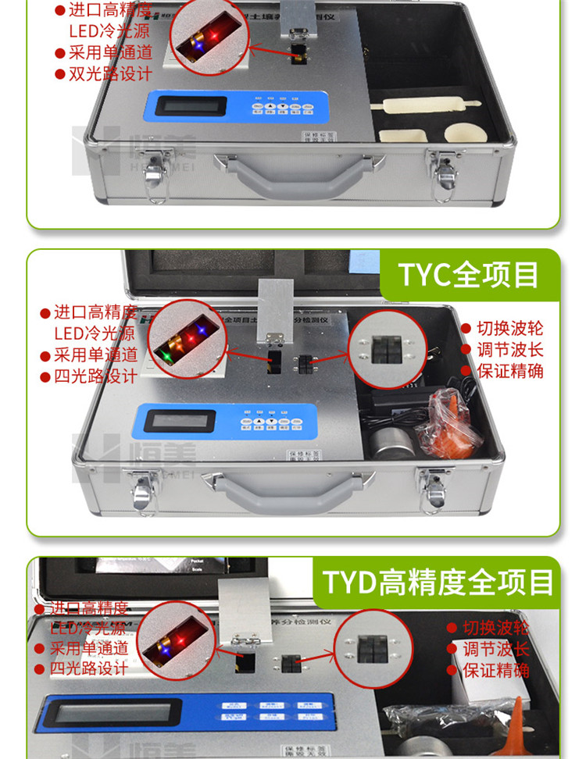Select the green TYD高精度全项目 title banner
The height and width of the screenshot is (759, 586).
point(438,583)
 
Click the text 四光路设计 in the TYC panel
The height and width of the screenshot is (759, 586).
point(96,376)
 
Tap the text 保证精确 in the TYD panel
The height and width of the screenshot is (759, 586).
point(495,670)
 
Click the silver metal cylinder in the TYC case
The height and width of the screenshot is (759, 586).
point(388,446)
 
